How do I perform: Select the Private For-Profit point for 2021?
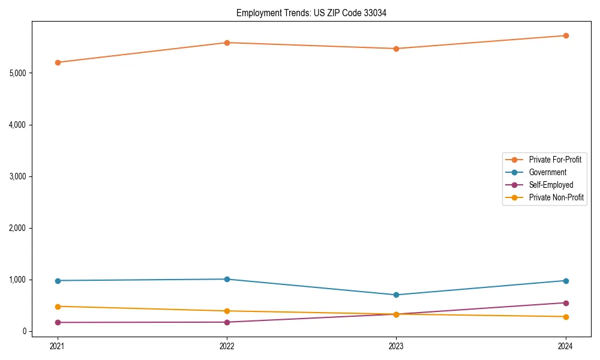tap(58, 62)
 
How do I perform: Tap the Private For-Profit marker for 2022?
tap(227, 43)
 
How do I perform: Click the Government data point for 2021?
tap(58, 281)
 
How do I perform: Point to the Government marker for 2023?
tap(397, 295)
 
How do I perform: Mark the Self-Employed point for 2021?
tap(58, 322)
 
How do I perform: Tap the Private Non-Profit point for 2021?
tap(58, 307)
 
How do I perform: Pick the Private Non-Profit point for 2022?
tap(227, 311)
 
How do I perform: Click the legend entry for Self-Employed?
tap(551, 185)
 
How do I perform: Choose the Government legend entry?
tap(547, 172)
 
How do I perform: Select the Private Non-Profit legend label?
tap(556, 197)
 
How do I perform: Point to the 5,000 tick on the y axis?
tap(19, 73)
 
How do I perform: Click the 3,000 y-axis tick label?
tap(19, 176)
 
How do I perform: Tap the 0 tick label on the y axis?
tap(25, 331)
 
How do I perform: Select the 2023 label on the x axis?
tap(397, 346)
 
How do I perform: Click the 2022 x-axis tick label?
tap(227, 346)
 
